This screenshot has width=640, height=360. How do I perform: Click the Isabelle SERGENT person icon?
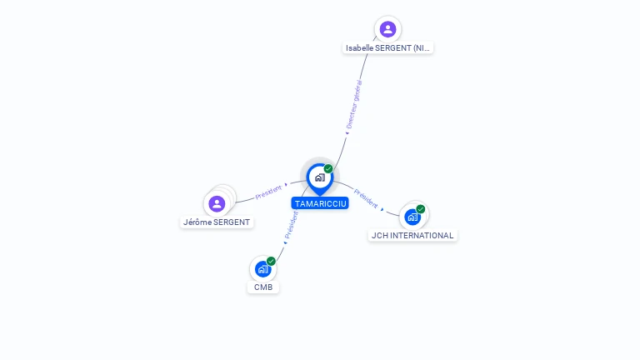(x=387, y=29)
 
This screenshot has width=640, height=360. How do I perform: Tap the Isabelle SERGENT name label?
(x=388, y=48)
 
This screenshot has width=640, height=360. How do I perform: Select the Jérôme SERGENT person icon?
(x=217, y=203)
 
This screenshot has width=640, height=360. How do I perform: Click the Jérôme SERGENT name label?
(x=217, y=222)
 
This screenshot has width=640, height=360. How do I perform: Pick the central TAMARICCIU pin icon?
(x=319, y=177)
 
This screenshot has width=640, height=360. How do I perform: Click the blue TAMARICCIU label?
(x=320, y=203)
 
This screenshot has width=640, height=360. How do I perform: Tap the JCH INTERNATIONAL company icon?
(x=412, y=217)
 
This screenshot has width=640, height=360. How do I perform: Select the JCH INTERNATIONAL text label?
(x=412, y=236)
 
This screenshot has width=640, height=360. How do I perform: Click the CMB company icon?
(x=262, y=268)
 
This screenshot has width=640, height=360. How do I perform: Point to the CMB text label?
(x=263, y=287)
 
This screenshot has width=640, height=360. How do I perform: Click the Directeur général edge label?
(x=354, y=105)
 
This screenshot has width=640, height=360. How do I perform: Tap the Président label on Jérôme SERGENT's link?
(x=268, y=192)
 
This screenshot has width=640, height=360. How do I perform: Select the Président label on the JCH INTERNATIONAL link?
(x=366, y=198)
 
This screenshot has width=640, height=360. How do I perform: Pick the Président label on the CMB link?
(x=291, y=226)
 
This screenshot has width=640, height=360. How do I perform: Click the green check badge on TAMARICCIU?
(x=328, y=168)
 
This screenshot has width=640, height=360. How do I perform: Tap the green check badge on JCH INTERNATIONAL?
(x=421, y=209)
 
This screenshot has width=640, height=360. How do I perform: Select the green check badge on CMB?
(x=271, y=261)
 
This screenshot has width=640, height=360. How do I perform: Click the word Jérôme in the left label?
(x=198, y=222)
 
